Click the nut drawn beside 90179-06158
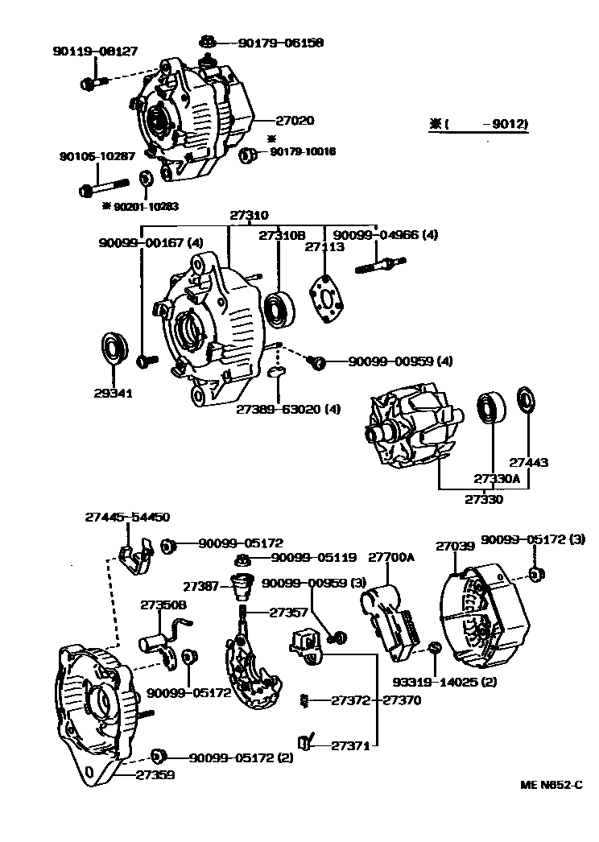pyautogui.click(x=207, y=41)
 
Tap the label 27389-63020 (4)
pyautogui.click(x=287, y=409)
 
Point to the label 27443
pyautogui.click(x=529, y=463)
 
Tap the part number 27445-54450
pyautogui.click(x=127, y=518)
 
